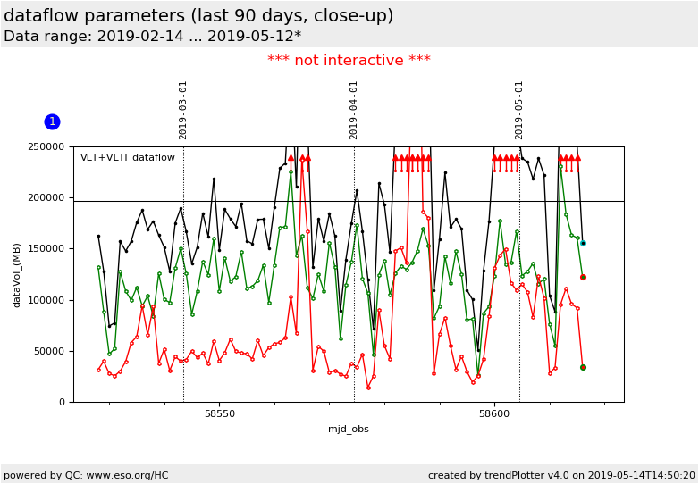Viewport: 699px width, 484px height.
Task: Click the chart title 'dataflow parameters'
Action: coord(198,16)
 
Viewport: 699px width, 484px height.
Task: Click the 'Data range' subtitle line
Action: coord(152,37)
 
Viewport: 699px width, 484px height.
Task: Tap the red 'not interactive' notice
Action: coord(349,61)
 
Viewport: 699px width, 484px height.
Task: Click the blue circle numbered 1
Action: coord(52,121)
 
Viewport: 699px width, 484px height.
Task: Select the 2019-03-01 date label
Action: coord(183,110)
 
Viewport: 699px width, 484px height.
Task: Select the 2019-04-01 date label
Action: coord(354,110)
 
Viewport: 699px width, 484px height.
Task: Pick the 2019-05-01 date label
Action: coord(519,110)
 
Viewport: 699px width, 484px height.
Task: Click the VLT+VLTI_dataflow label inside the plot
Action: coord(128,158)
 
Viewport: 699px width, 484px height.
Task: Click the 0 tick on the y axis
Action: coord(63,402)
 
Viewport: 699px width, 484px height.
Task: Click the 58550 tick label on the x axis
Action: coord(220,414)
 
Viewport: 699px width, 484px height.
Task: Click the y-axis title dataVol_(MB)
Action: coord(17,274)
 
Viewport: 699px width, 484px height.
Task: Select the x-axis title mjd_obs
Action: coord(349,430)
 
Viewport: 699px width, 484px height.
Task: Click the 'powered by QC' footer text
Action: coord(86,475)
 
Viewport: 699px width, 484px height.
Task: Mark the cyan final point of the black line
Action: coord(583,243)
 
